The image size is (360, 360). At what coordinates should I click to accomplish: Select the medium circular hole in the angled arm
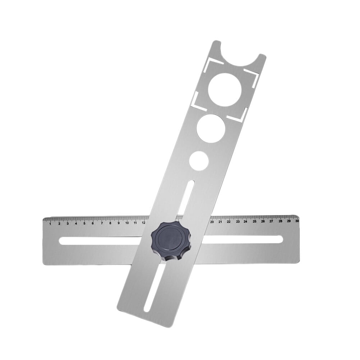(211, 128)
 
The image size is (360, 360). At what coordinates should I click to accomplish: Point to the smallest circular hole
(200, 159)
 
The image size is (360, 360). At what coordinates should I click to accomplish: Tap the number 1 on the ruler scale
(50, 223)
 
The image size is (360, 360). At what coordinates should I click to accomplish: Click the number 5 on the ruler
(84, 223)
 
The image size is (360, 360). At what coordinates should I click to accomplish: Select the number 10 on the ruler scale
(127, 223)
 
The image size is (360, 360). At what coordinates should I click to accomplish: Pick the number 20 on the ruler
(212, 222)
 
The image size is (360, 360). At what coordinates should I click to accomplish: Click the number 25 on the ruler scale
(254, 222)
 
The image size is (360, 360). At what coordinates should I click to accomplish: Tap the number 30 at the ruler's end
(297, 221)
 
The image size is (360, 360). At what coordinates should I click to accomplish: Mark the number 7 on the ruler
(102, 223)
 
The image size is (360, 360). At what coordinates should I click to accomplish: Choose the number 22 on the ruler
(229, 222)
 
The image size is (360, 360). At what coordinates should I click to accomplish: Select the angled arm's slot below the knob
(153, 287)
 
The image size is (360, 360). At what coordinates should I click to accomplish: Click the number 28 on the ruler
(280, 221)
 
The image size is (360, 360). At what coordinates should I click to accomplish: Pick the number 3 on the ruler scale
(67, 223)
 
